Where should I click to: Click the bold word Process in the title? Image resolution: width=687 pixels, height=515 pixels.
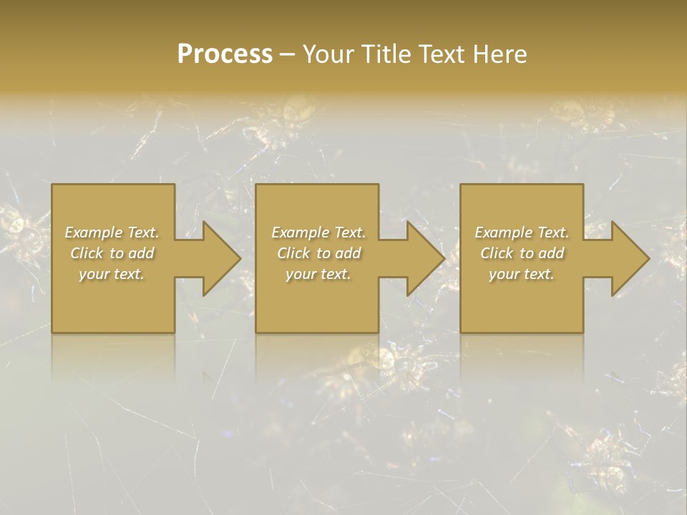(225, 54)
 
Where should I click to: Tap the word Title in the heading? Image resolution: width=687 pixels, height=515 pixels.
(387, 54)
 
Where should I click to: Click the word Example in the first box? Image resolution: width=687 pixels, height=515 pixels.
(94, 232)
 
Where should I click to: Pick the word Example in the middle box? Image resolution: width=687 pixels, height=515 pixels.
(301, 232)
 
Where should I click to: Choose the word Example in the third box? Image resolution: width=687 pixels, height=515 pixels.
(504, 232)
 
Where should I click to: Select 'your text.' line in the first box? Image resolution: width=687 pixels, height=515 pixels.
(112, 274)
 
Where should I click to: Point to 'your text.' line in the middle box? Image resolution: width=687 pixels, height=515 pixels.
(318, 274)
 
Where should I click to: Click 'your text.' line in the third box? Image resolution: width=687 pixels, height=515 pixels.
(522, 274)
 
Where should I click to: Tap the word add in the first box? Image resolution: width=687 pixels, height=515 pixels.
(141, 253)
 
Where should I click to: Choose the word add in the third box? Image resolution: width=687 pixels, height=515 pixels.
(551, 253)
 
